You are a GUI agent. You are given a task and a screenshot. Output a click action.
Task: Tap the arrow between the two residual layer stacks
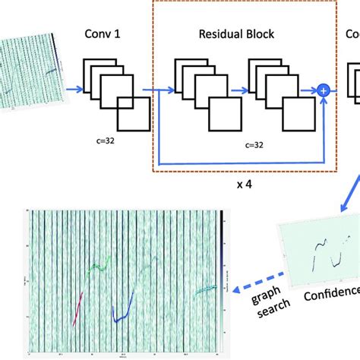[x=237, y=90]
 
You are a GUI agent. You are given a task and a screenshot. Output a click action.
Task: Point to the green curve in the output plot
[x=99, y=267]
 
